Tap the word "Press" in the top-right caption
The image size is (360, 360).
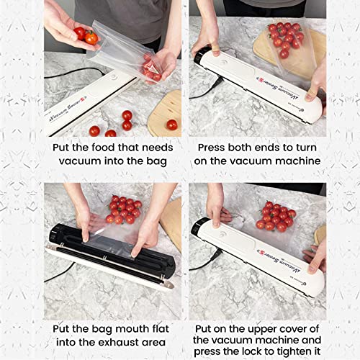pos(215,147)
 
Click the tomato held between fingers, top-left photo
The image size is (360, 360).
pos(91,38)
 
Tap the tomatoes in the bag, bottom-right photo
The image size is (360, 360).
pos(276,216)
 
